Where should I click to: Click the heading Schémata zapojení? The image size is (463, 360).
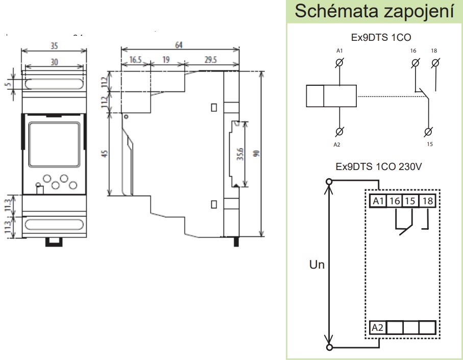375,12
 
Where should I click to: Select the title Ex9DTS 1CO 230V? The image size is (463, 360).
375,166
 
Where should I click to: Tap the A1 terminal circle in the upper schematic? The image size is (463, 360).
339,63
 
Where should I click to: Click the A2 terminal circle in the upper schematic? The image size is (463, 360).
339,131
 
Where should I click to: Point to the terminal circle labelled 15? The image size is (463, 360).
429,131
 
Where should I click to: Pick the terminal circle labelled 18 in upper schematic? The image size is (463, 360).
435,63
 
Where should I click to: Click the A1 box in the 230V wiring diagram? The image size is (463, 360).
378,201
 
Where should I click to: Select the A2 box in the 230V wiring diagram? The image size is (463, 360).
378,327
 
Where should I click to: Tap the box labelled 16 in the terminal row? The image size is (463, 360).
394,201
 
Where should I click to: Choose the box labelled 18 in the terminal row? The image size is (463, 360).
427,201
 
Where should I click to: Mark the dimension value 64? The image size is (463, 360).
179,45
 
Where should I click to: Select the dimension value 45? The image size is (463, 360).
104,155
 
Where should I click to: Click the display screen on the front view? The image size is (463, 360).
53,145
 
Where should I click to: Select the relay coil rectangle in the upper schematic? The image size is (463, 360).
331,97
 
